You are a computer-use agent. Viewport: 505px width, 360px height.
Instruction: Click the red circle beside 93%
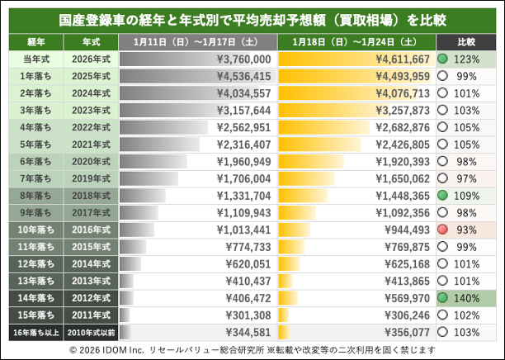(x=442, y=228)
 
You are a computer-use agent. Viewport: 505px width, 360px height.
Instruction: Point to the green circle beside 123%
(x=442, y=59)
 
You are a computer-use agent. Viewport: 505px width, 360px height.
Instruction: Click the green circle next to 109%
(x=442, y=195)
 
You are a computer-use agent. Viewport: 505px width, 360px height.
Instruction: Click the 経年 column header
(x=35, y=40)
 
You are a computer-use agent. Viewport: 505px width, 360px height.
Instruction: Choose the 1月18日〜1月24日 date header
(x=354, y=40)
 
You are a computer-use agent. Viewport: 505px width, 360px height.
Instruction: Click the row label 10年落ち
(x=35, y=229)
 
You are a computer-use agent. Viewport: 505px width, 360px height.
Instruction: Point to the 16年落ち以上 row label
(x=35, y=331)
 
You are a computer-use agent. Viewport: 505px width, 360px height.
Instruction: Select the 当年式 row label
(x=35, y=59)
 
